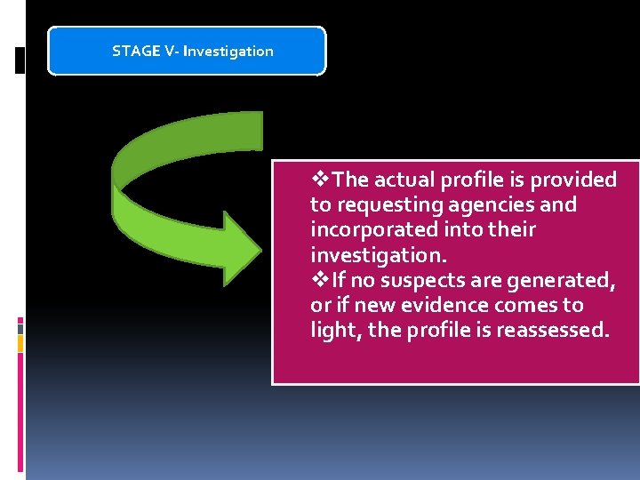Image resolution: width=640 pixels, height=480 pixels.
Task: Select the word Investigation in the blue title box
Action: tap(228, 51)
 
